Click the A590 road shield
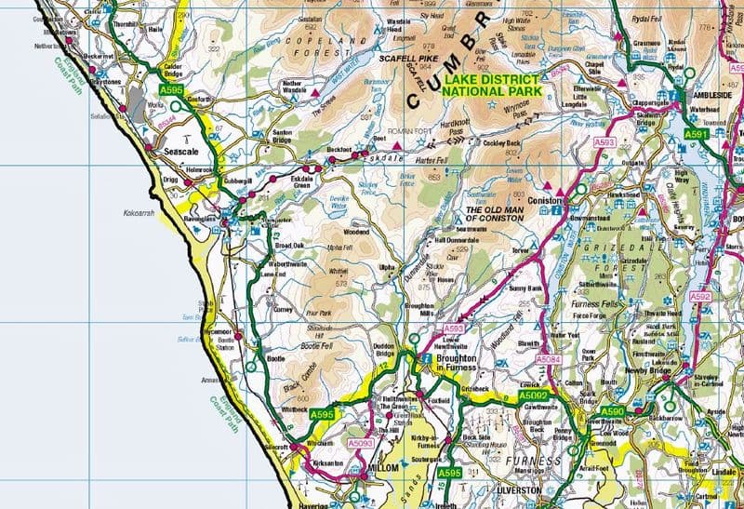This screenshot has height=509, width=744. (x=612, y=410)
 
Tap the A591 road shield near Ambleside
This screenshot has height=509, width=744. (x=697, y=135)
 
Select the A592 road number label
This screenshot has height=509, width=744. (x=700, y=297)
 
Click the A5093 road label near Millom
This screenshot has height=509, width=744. (x=361, y=444)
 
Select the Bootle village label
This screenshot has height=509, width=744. (x=276, y=357)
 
